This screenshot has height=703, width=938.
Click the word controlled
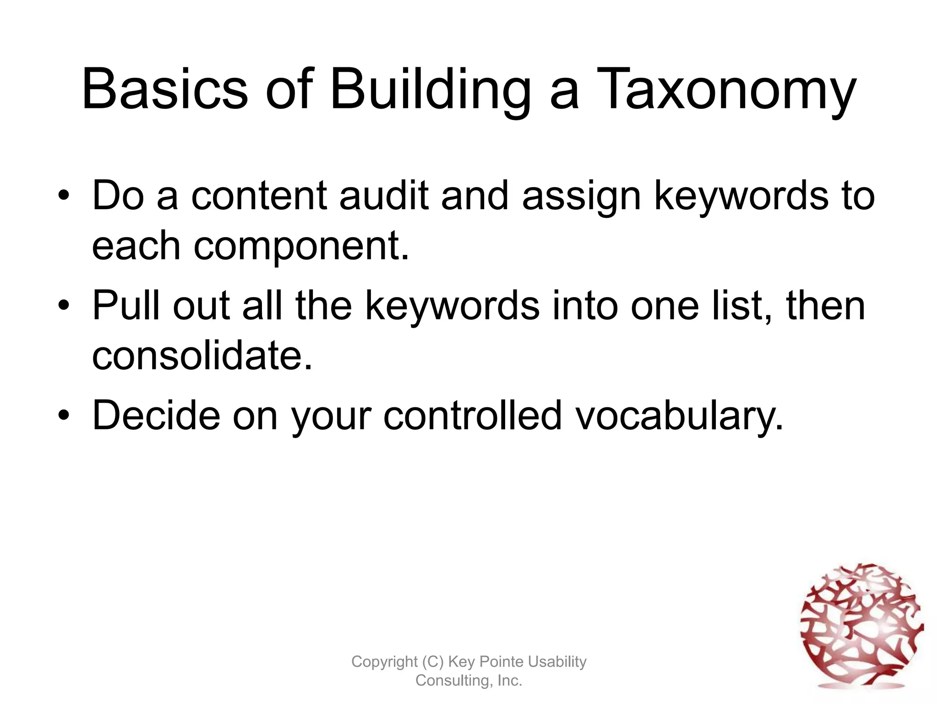472,415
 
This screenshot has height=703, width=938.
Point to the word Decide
156,415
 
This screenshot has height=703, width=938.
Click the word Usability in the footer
557,662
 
